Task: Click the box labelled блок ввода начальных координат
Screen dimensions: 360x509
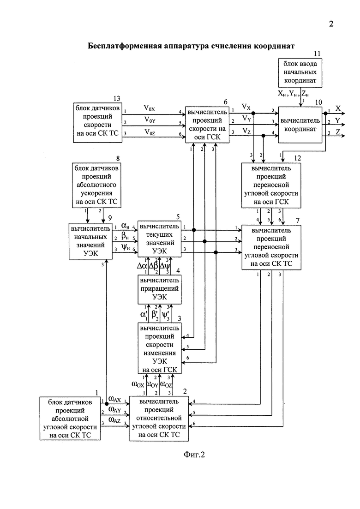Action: coord(300,73)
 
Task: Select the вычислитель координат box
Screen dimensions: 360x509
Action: coord(300,125)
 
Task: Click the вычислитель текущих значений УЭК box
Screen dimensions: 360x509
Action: coord(159,239)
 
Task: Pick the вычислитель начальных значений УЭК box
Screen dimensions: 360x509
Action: coord(90,241)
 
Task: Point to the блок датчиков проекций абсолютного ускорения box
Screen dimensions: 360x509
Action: coord(96,186)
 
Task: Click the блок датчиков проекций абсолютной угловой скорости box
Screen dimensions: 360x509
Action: coord(70,419)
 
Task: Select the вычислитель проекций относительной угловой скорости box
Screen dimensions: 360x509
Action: coord(159,419)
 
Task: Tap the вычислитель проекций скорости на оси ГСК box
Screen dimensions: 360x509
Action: coord(207,125)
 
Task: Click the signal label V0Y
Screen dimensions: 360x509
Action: coord(150,120)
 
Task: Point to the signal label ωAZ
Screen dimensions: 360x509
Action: coord(114,420)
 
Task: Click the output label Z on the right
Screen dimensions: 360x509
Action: coord(338,132)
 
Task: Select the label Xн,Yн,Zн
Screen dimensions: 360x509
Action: coord(293,94)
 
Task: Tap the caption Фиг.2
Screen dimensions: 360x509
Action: coord(194,455)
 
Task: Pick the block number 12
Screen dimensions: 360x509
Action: coord(297,158)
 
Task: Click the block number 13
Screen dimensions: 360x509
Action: coord(116,98)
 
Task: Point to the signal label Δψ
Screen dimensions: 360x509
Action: coord(165,266)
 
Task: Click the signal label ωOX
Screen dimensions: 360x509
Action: coord(138,385)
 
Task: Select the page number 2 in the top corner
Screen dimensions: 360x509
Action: coord(331,24)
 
